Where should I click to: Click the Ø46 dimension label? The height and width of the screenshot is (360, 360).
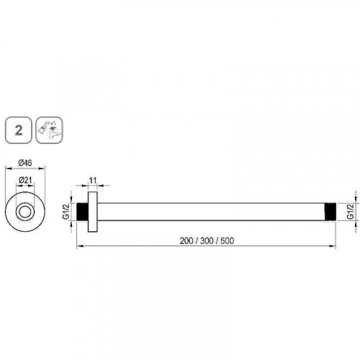point(25,163)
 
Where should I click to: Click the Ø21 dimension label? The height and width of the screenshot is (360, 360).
point(25,180)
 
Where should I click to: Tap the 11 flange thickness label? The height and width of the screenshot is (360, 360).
point(93,180)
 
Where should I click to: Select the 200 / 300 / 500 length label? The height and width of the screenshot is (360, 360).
point(207,240)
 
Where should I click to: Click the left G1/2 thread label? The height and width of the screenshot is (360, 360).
point(66,212)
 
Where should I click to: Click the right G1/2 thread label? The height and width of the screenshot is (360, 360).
point(351,212)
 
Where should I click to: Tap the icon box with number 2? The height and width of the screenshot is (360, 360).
point(18,130)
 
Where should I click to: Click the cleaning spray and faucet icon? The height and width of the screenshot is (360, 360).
point(49,130)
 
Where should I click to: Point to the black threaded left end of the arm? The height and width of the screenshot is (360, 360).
point(82,212)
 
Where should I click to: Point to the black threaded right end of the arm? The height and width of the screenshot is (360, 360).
point(330,212)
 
